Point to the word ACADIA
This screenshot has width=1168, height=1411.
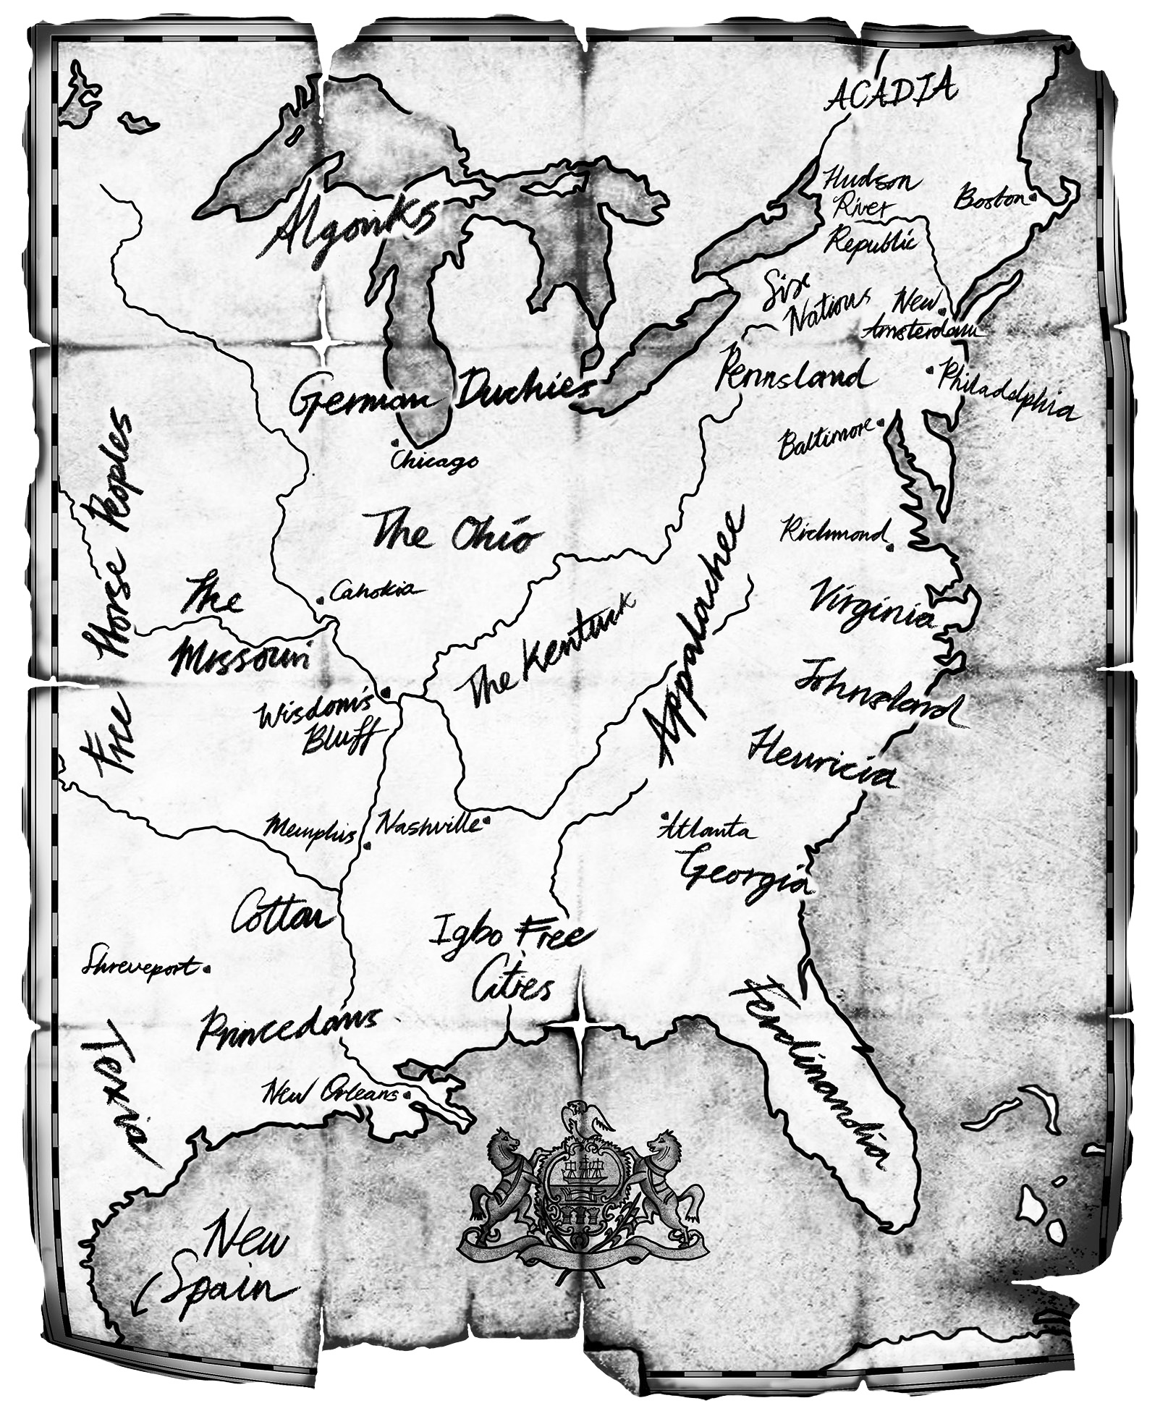pyautogui.click(x=892, y=92)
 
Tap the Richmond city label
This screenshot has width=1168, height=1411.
pyautogui.click(x=833, y=533)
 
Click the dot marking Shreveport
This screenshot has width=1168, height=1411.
pyautogui.click(x=208, y=967)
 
